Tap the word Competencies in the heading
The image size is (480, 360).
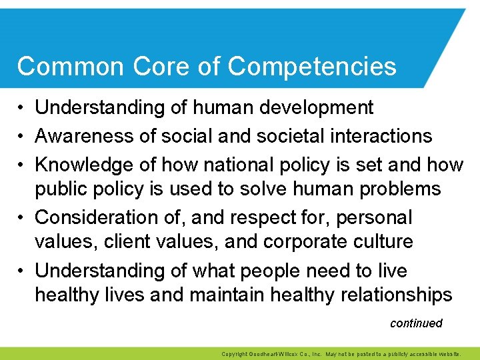[311, 67]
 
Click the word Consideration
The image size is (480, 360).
[95, 217]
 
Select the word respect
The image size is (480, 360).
[256, 217]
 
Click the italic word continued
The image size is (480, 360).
[416, 323]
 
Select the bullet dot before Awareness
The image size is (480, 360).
[22, 137]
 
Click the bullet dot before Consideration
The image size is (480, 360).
[22, 218]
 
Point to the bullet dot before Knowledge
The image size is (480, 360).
[22, 165]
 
